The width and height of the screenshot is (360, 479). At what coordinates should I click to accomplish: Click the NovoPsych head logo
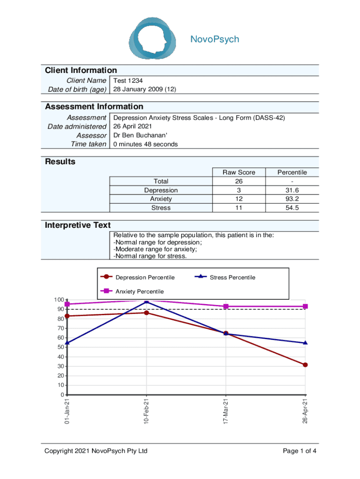point(153,38)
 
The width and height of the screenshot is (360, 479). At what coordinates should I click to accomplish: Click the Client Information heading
point(81,70)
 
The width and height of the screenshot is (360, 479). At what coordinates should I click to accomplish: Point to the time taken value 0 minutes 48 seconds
point(146,144)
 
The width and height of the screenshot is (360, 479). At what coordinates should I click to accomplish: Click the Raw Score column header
point(238,172)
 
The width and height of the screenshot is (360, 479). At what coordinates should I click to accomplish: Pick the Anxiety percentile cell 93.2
point(292,199)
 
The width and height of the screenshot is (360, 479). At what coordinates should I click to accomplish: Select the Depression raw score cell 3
point(238,190)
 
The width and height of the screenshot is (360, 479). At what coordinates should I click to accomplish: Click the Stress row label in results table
point(161,208)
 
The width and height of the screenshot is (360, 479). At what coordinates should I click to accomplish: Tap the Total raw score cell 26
point(238,181)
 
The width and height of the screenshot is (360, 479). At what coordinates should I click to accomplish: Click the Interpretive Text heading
point(78,225)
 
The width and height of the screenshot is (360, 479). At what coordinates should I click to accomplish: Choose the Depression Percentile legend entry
point(145,277)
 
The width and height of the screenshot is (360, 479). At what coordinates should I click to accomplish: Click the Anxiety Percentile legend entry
point(139,291)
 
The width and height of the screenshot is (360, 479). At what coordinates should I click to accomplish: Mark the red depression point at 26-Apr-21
point(305,365)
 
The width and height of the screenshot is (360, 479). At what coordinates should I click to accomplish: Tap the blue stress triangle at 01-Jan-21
point(67,343)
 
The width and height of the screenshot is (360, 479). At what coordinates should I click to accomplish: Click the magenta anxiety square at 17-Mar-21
point(226,306)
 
